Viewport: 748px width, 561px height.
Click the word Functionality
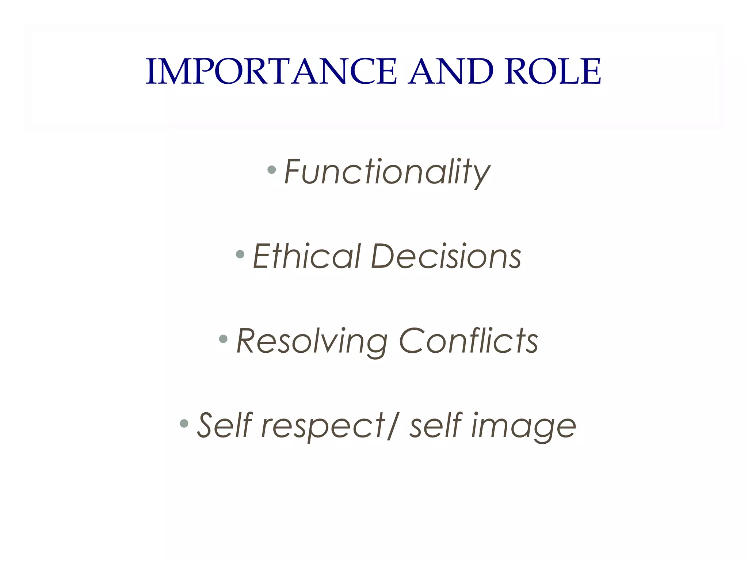[x=387, y=172]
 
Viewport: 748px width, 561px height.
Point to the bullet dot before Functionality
[x=271, y=170]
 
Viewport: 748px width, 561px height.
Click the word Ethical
[x=307, y=256]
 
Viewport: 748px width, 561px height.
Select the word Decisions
[x=446, y=256]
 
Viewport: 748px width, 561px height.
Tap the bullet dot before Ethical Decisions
[x=240, y=254]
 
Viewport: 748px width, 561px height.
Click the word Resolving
[x=312, y=341]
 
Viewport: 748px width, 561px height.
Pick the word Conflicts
[x=469, y=341]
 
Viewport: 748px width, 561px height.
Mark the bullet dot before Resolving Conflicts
[x=223, y=339]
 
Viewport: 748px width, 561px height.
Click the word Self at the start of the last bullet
[x=225, y=425]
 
